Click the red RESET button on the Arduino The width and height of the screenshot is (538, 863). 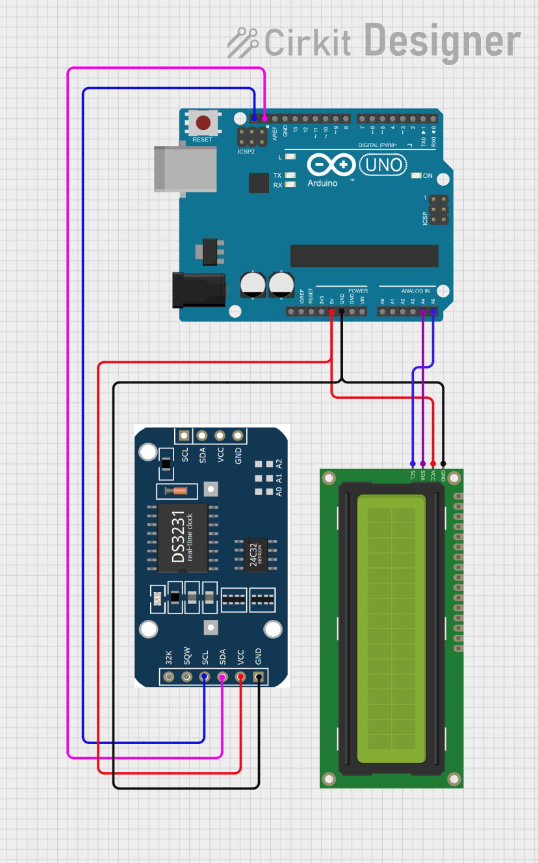(203, 123)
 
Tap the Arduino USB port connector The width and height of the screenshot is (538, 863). (185, 169)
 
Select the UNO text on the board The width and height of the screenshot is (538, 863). (383, 164)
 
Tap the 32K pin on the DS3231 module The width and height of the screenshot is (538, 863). (169, 677)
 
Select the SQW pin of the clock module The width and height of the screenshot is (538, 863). (187, 677)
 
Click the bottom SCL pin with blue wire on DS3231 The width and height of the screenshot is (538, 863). (205, 677)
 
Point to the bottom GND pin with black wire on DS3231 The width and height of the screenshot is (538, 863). (259, 677)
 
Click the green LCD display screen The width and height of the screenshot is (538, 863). (391, 628)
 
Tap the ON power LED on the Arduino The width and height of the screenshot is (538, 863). (418, 176)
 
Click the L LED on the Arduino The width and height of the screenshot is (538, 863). (290, 157)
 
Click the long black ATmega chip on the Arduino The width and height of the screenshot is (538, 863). (365, 256)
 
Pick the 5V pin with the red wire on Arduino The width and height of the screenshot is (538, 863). (332, 312)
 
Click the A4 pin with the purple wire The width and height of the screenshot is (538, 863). (423, 312)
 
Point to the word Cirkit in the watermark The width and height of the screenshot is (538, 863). (307, 43)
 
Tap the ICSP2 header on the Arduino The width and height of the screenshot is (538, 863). (251, 136)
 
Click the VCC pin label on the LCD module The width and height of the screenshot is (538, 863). (433, 475)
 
